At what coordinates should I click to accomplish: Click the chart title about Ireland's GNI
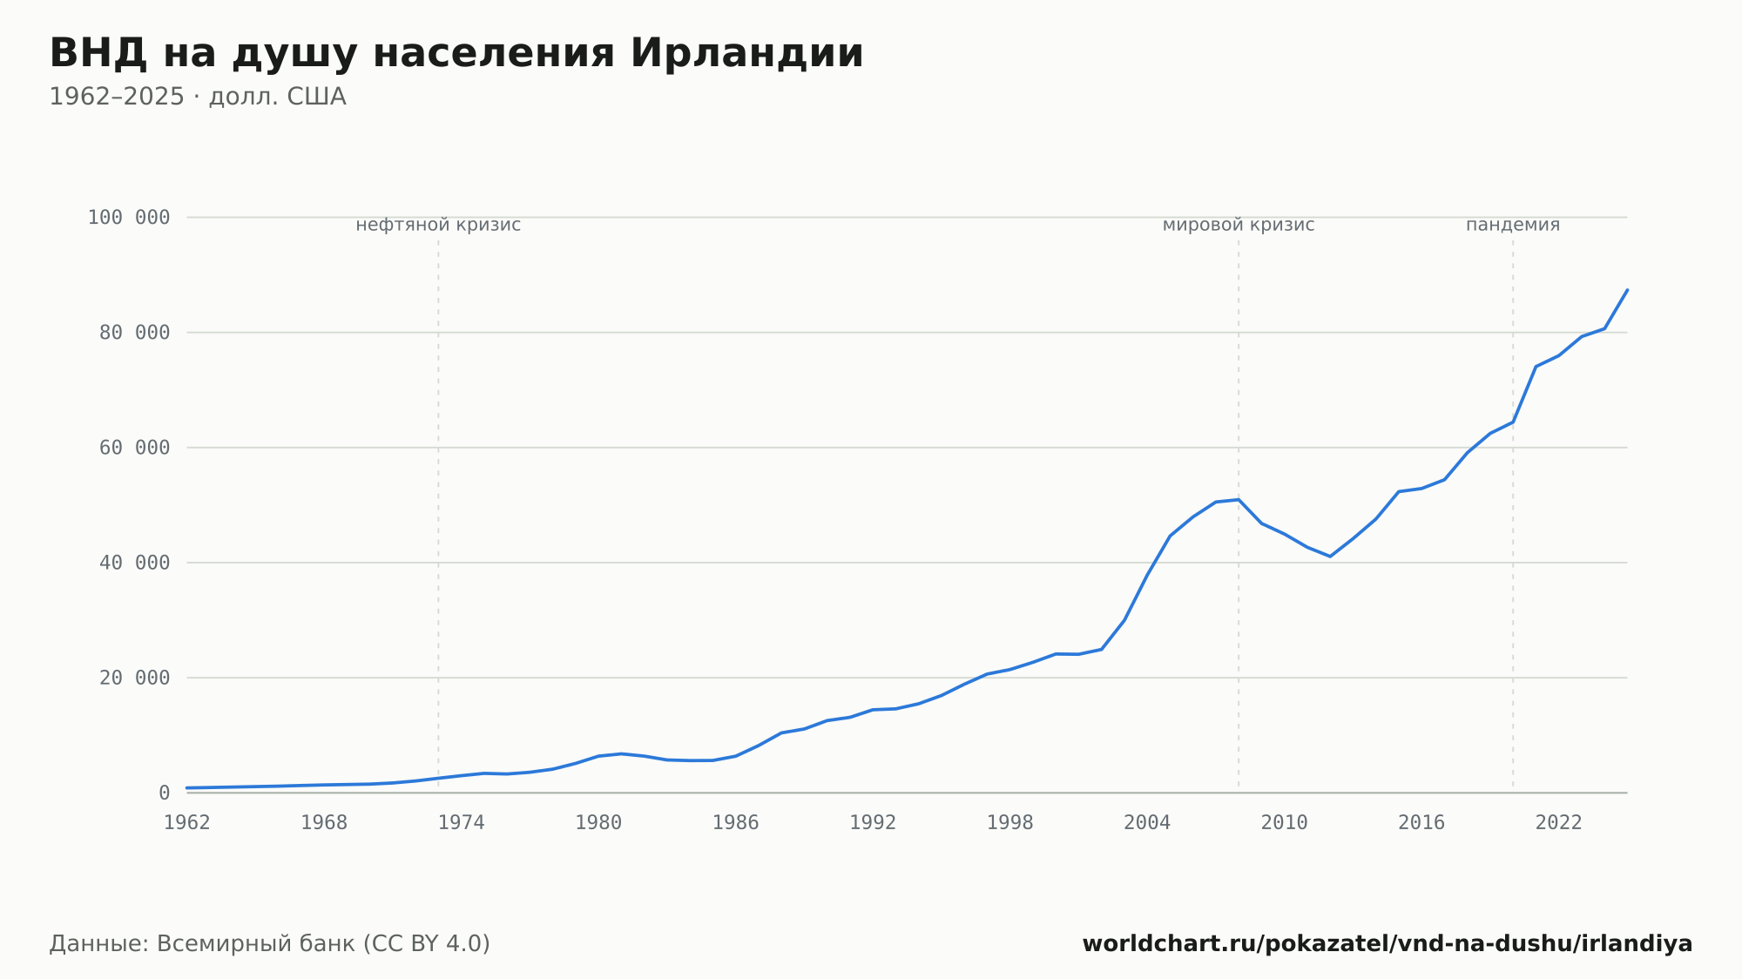(456, 54)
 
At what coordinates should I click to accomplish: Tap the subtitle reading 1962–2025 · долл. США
(198, 97)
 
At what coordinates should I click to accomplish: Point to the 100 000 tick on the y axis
(129, 218)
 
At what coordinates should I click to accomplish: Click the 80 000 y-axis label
(134, 333)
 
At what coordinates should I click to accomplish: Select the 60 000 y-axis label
(134, 448)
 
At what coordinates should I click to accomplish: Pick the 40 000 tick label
(134, 563)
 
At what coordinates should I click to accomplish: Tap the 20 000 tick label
(134, 678)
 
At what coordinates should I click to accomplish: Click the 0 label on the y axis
(165, 793)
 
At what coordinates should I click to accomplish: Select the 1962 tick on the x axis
(187, 823)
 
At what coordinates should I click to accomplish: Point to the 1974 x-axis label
(462, 823)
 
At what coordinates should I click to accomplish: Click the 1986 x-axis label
(736, 823)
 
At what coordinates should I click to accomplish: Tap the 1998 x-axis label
(1010, 823)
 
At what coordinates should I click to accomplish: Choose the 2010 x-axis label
(1285, 823)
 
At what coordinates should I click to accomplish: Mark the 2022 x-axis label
(1559, 823)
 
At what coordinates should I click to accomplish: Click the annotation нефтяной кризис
(438, 225)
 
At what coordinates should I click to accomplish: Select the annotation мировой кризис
(1239, 225)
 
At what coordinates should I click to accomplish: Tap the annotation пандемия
(1513, 225)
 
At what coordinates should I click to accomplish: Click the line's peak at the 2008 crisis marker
(1239, 499)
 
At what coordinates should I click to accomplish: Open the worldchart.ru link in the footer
(1388, 944)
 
